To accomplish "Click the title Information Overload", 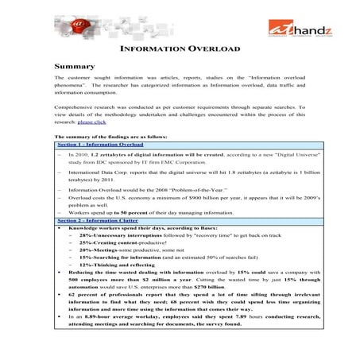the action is point(179,49).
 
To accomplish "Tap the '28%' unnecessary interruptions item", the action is point(87,236).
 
